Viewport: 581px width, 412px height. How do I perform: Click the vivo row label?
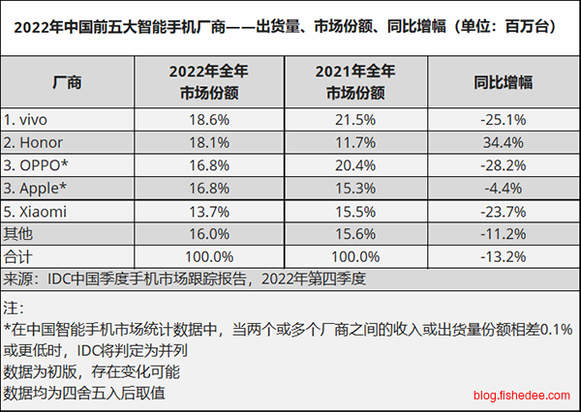[27, 120]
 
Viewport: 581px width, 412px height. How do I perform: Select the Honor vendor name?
[33, 141]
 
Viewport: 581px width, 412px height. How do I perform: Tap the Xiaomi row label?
[36, 209]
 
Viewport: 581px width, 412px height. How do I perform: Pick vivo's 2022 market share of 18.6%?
[210, 120]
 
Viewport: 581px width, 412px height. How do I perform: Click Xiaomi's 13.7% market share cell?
[210, 209]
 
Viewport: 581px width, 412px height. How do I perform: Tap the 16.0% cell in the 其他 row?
[210, 233]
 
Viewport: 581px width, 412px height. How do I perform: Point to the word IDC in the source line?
[62, 279]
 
